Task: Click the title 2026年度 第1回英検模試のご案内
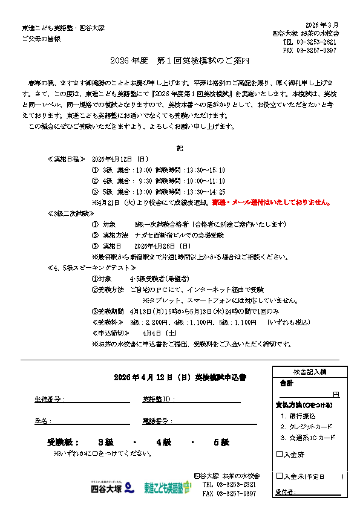(180, 62)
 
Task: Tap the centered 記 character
(180, 148)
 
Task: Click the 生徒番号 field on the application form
(97, 400)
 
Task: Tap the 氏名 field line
(91, 421)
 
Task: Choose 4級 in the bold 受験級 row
(164, 443)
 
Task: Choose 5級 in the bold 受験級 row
(220, 443)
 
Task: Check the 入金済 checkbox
(279, 454)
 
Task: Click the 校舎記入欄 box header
(309, 372)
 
